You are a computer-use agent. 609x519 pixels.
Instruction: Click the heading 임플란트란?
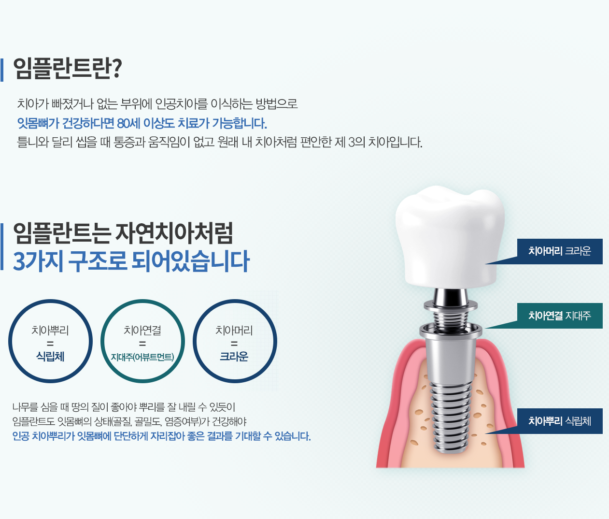click(x=68, y=69)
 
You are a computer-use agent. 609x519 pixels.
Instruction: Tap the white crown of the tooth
click(x=450, y=236)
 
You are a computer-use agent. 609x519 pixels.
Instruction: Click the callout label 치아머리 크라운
click(x=560, y=251)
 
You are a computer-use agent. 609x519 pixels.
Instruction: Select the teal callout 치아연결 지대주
click(x=560, y=316)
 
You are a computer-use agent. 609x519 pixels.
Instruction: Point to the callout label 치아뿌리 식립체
click(x=560, y=421)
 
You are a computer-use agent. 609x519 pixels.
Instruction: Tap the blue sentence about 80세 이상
click(x=142, y=123)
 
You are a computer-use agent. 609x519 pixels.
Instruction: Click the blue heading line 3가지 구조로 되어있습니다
click(x=131, y=261)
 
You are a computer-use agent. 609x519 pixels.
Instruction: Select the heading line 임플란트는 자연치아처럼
click(x=123, y=233)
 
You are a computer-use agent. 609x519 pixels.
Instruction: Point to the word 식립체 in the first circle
click(x=50, y=357)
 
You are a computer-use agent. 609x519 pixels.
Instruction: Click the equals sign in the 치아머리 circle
click(x=234, y=344)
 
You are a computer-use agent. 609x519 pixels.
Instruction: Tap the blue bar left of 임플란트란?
click(x=2, y=70)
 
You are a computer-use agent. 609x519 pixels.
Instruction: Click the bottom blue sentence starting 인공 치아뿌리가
click(x=161, y=436)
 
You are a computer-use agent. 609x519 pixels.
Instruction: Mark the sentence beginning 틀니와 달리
click(x=219, y=142)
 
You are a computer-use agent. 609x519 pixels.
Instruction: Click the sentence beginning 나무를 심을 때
click(x=124, y=407)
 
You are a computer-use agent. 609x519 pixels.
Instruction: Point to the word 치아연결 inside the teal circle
click(x=142, y=330)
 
